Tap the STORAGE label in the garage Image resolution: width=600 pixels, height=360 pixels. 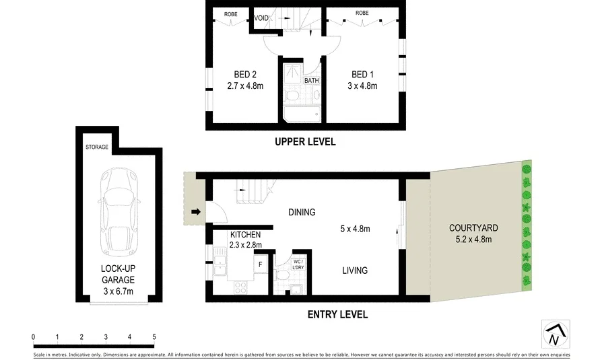97,147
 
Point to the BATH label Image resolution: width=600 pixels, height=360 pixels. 311,81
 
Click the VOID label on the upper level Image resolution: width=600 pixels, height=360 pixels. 261,17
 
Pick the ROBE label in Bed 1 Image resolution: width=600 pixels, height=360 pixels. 362,13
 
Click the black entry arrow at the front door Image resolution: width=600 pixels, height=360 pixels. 196,213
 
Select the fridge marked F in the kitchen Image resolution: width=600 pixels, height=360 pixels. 260,264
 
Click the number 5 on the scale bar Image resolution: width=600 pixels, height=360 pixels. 154,336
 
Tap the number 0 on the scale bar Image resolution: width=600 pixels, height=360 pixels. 33,336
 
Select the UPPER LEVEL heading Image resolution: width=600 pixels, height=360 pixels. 304,142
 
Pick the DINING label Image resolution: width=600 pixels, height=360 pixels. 302,213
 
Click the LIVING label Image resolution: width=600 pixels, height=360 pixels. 354,271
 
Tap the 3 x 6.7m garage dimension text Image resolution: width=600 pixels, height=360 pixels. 119,291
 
